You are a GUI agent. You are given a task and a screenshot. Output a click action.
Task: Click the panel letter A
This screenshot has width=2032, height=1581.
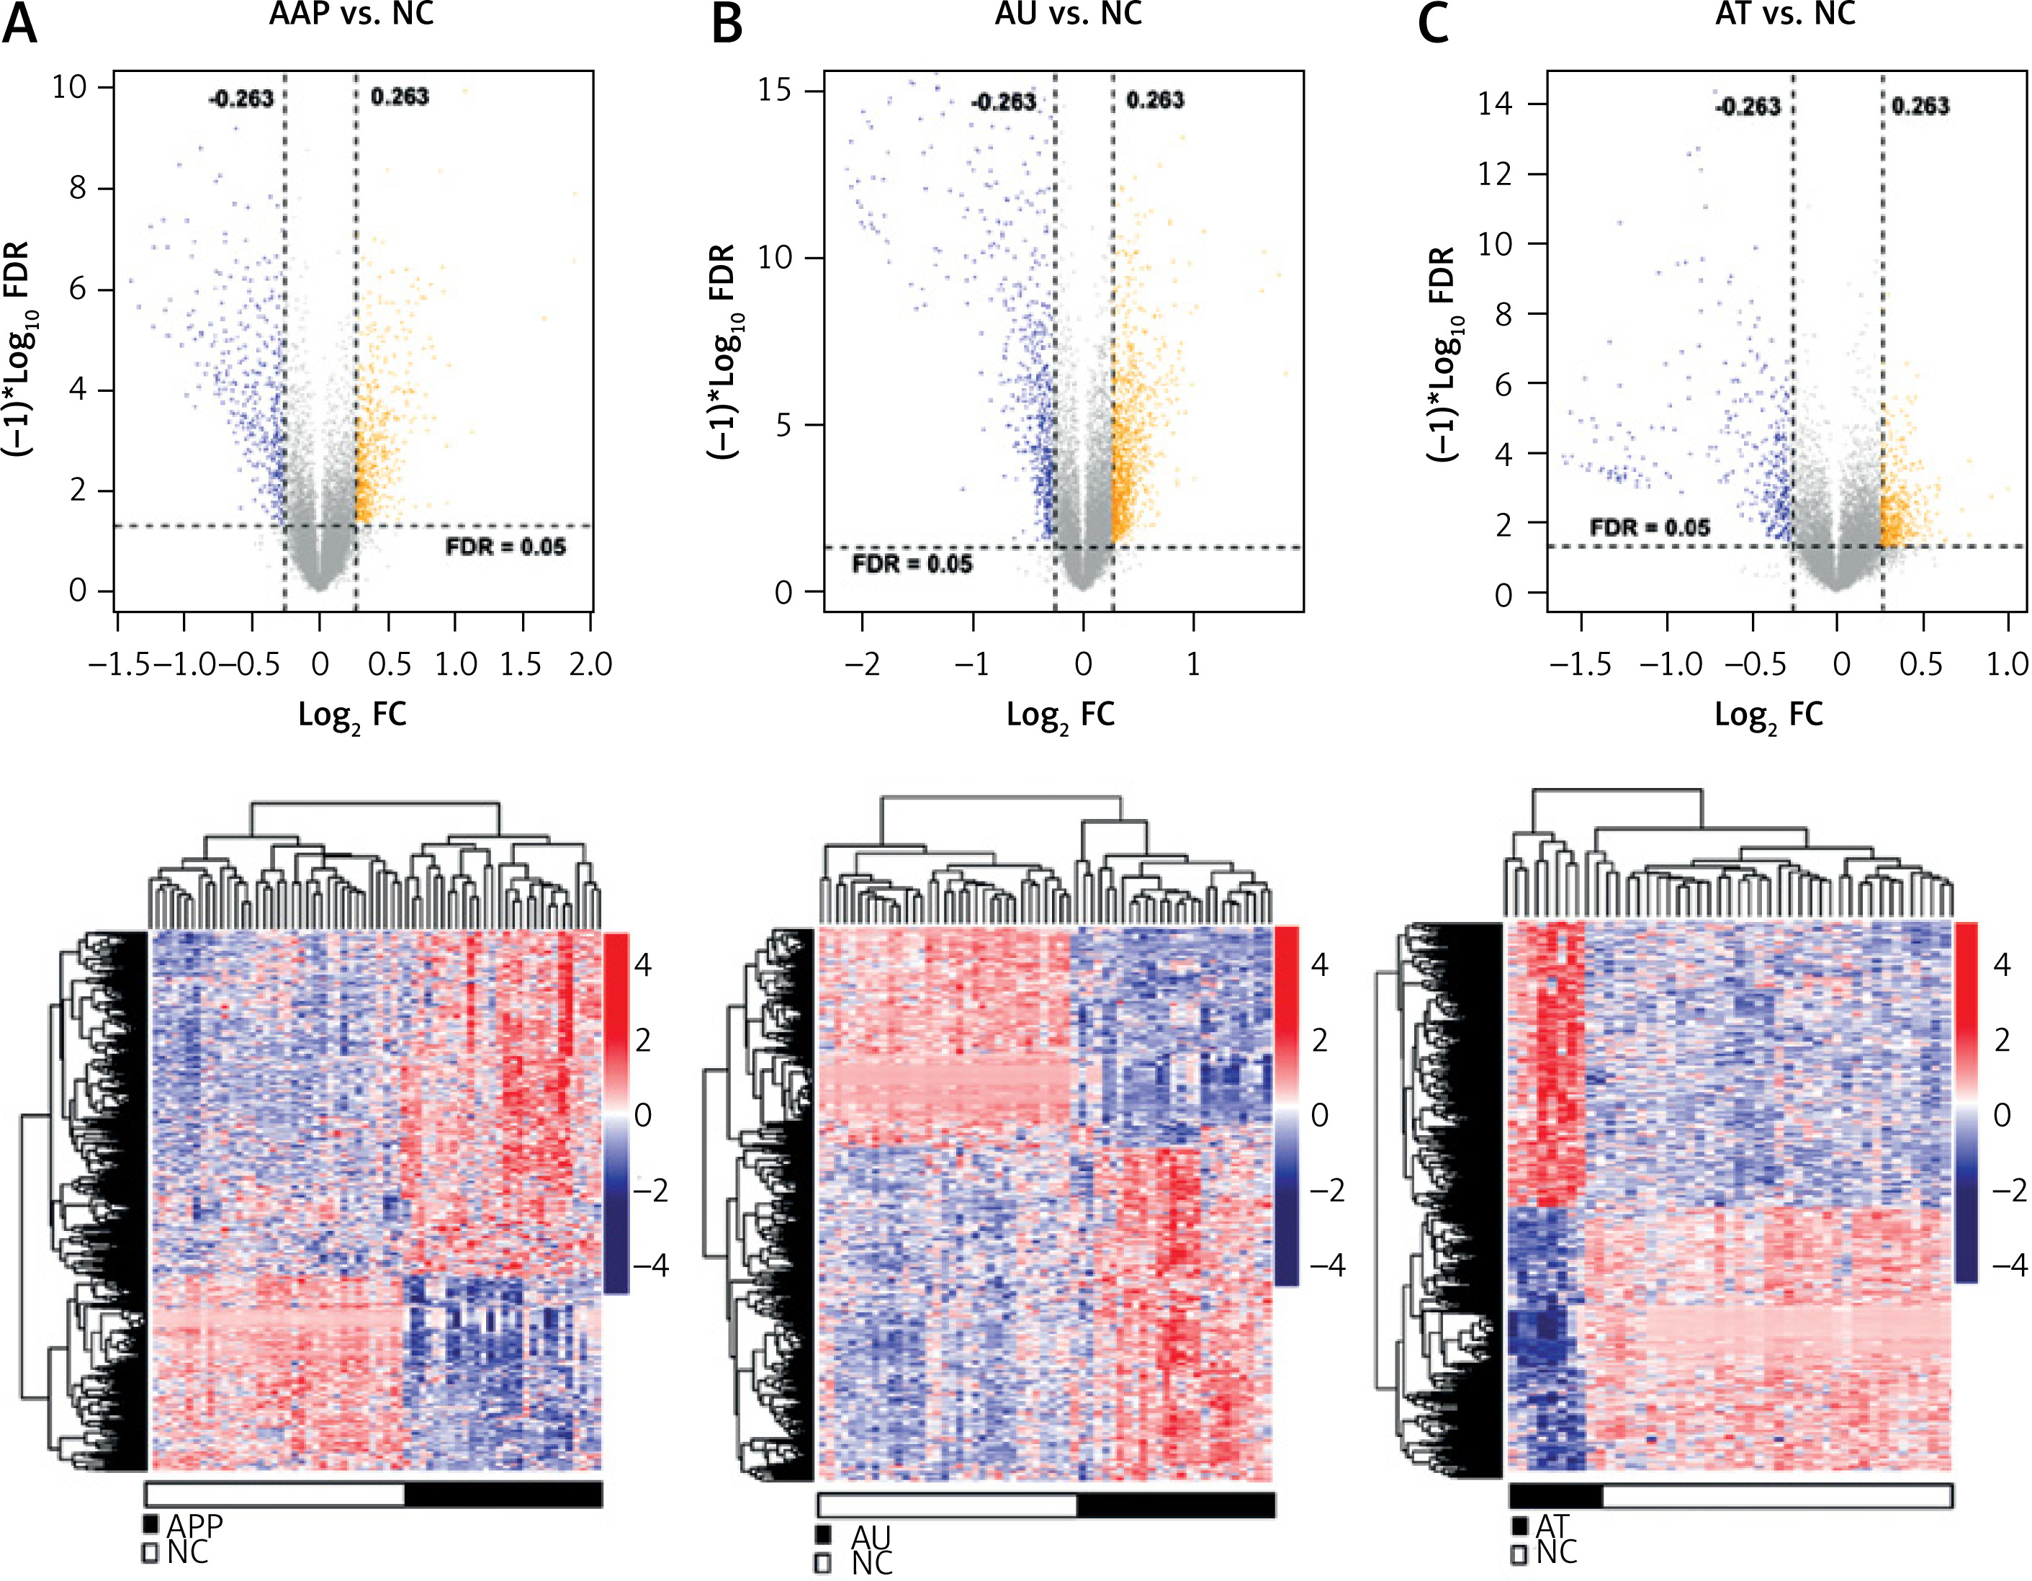tap(20, 22)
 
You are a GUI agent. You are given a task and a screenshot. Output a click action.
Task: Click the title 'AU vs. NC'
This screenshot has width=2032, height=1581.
tap(1068, 13)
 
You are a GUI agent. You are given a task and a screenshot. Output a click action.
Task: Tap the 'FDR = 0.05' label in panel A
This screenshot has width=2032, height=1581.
tap(505, 546)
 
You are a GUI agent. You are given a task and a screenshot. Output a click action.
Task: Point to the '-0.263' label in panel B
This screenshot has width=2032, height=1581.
tap(1002, 102)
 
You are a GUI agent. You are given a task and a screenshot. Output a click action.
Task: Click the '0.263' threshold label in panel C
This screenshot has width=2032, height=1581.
tap(1920, 106)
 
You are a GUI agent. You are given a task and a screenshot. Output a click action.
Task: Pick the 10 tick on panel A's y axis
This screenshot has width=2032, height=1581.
tap(69, 87)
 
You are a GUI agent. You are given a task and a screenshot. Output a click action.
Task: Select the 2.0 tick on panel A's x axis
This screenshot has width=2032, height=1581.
tap(590, 663)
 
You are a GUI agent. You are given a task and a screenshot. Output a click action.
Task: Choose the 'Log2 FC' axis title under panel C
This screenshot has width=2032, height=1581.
tap(1768, 715)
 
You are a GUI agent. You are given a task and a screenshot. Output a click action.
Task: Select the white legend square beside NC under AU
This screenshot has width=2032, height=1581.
tap(822, 1563)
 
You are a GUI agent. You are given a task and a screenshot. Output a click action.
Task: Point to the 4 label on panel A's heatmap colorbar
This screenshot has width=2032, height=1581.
tap(643, 965)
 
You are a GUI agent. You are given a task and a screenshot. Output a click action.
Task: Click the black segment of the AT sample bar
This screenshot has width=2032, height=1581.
tap(1555, 1496)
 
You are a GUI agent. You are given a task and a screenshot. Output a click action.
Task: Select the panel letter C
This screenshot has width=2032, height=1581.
tap(1433, 22)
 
